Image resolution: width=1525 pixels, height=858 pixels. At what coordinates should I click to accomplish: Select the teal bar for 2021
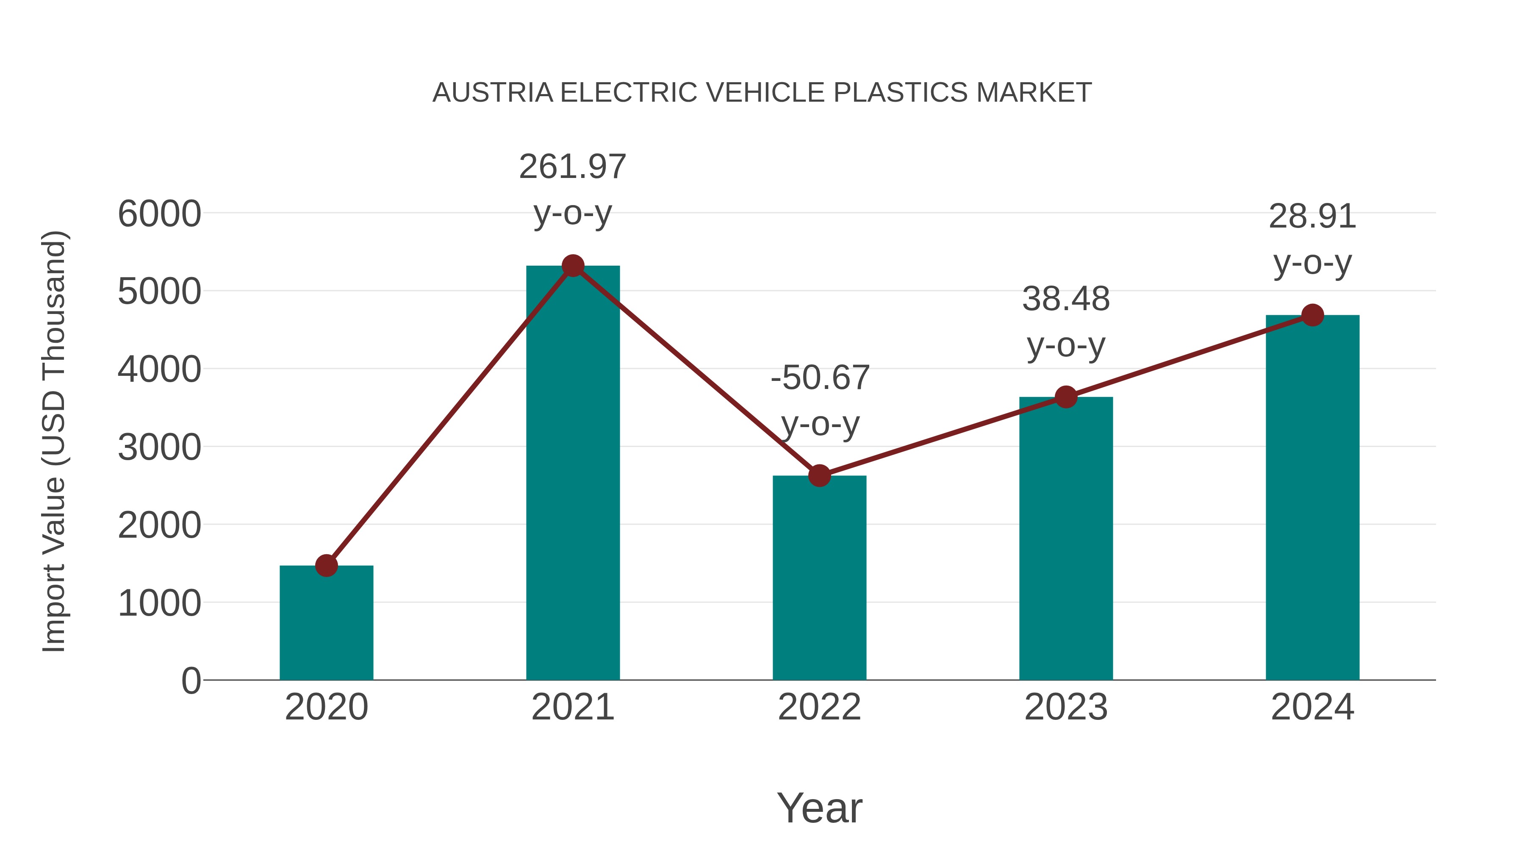point(572,474)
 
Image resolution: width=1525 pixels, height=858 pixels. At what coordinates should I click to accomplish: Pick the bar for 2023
point(1066,539)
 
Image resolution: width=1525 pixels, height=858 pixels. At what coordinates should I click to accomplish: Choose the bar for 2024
point(1312,497)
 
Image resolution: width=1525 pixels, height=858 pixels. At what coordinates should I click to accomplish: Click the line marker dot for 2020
point(326,566)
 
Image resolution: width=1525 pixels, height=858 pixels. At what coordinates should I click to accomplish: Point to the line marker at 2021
point(572,266)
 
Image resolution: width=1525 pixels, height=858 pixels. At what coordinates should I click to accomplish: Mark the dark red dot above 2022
point(819,475)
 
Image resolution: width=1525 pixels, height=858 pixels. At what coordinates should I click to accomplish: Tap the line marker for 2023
point(1066,397)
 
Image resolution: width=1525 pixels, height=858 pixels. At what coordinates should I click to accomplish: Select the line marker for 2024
point(1312,315)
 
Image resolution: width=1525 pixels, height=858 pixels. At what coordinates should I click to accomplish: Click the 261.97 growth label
point(572,167)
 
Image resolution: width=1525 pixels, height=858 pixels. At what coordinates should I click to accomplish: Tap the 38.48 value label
point(1066,299)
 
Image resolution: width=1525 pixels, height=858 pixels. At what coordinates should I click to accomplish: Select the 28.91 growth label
point(1312,217)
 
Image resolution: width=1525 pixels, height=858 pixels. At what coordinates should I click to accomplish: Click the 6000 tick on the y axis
point(159,214)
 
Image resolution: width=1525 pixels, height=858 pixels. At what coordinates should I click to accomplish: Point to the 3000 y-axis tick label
point(159,448)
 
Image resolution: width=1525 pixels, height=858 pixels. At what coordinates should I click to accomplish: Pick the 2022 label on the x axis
point(819,707)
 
